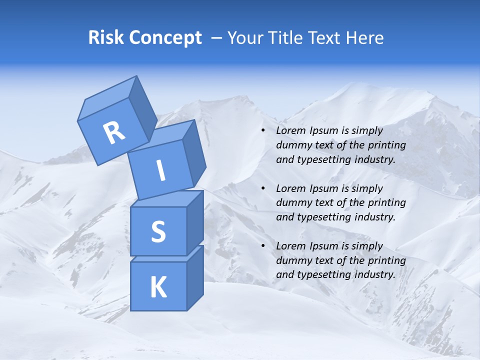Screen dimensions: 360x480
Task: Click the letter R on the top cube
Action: (114, 132)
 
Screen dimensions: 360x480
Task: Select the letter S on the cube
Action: (158, 231)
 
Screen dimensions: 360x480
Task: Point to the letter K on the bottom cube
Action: (158, 287)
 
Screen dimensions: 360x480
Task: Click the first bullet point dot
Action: (263, 131)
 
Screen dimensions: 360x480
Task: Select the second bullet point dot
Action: (263, 189)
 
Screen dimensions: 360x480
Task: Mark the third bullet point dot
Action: (263, 246)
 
